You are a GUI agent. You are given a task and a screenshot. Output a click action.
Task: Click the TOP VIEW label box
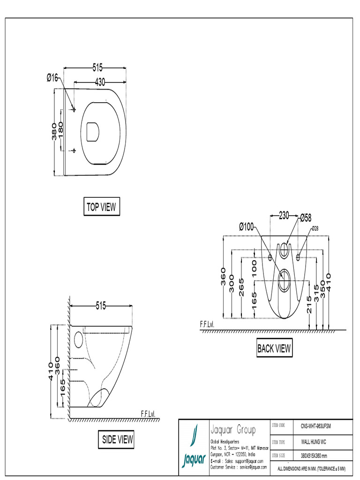click(x=101, y=207)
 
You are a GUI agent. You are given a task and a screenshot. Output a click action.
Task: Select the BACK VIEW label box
click(x=274, y=348)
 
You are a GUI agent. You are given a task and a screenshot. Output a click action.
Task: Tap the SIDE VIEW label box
click(x=117, y=440)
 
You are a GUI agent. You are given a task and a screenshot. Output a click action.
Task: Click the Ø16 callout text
click(x=52, y=78)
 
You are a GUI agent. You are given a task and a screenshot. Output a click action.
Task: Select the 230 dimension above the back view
click(x=284, y=216)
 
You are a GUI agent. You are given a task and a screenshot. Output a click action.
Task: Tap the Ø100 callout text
click(x=246, y=227)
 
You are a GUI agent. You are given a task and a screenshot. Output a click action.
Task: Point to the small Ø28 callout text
click(x=315, y=228)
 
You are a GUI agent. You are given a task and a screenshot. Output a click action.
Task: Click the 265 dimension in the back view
click(x=241, y=287)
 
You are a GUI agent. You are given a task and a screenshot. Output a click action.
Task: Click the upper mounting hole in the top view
click(x=74, y=109)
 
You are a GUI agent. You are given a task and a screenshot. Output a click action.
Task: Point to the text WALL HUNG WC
click(x=314, y=442)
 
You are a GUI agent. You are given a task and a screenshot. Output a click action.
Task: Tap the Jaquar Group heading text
click(x=233, y=430)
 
